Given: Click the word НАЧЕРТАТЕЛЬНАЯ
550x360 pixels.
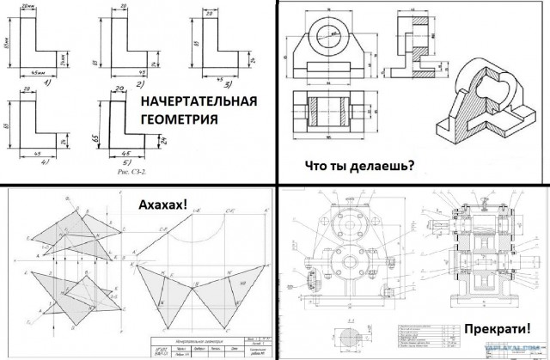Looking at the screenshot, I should (x=199, y=104).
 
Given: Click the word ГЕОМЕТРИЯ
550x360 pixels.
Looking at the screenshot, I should (x=180, y=122).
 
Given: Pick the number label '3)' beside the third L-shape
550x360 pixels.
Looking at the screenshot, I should (x=227, y=84).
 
